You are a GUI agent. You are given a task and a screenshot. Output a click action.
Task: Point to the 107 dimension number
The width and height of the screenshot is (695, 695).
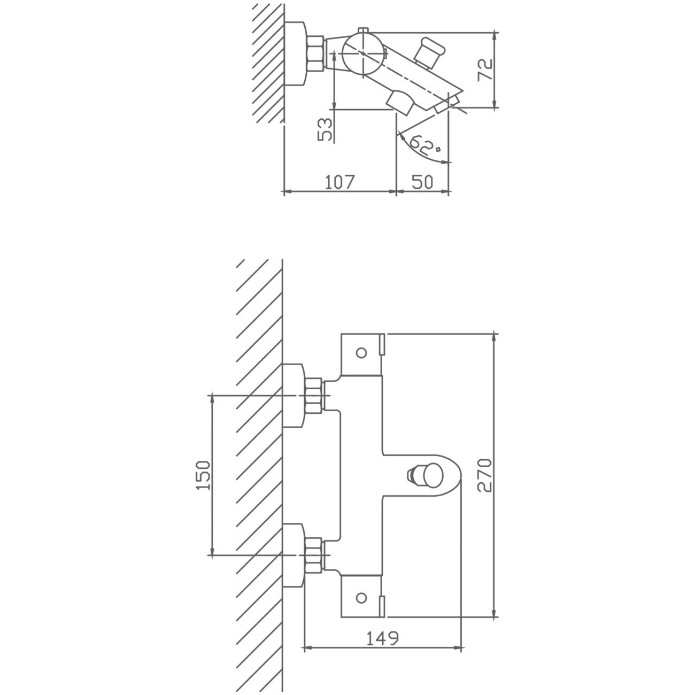[340, 182]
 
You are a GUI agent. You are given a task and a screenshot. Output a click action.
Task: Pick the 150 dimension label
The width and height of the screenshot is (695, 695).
[203, 475]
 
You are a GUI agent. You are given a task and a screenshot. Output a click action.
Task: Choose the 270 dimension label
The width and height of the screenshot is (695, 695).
[484, 475]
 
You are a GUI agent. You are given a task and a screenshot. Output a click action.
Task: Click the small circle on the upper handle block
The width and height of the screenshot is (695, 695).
[361, 353]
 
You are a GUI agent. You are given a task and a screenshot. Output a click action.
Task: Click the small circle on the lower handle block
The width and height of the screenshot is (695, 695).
[361, 598]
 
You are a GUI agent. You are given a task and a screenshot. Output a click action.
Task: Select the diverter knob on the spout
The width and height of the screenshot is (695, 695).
[424, 475]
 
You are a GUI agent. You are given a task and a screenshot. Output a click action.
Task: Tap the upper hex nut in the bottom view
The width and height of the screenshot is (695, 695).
[313, 396]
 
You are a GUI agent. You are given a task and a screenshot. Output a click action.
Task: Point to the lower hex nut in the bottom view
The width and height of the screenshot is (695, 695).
[313, 556]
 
